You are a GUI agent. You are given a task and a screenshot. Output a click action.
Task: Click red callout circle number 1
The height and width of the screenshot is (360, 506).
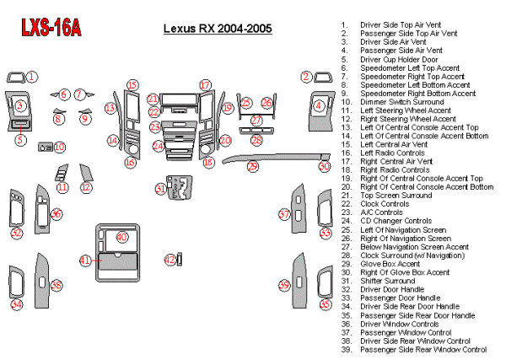coord(31,77)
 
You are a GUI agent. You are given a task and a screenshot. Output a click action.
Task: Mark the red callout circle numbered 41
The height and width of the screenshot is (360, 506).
coord(84,261)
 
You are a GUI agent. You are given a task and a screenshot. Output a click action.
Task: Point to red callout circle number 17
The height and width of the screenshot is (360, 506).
coord(205,85)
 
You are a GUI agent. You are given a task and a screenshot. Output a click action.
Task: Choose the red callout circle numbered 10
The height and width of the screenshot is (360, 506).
coord(59,147)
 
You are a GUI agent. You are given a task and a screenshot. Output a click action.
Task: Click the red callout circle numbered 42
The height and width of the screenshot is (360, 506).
coord(170,260)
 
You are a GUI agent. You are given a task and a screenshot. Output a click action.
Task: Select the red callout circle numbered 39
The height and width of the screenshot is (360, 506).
coord(284,285)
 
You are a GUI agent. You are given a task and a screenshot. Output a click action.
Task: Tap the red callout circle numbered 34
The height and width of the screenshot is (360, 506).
coord(16,304)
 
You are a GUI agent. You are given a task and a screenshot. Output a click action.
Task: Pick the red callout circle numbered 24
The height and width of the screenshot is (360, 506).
coord(158,146)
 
